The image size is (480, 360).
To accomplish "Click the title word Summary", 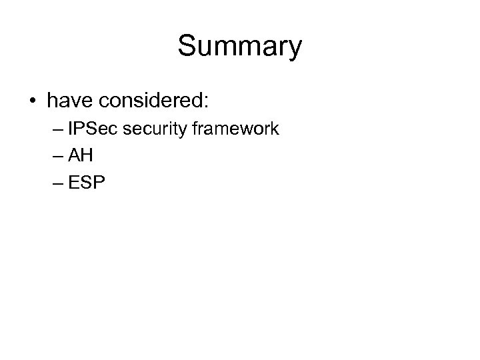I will click(240, 47).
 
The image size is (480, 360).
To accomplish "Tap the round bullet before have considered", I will click(33, 102).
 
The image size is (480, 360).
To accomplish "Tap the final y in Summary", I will click(295, 51).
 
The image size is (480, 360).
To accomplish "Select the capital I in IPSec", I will click(71, 129).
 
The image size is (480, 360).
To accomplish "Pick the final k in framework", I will click(275, 129).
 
